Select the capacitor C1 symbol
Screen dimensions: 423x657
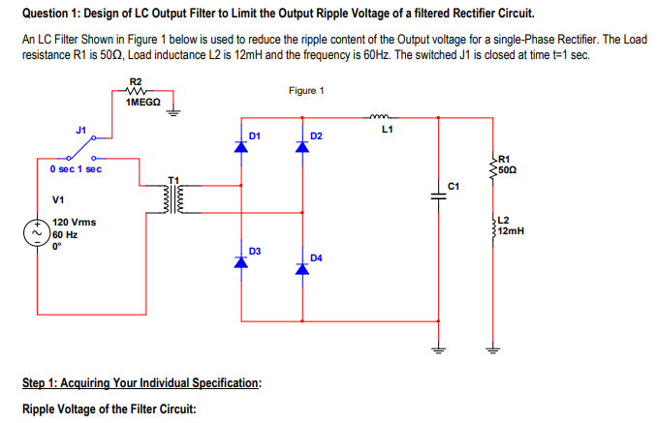click(x=438, y=195)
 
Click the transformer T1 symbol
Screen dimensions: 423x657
click(x=175, y=199)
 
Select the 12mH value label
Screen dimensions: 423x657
click(x=513, y=231)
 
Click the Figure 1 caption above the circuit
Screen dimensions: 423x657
click(x=306, y=90)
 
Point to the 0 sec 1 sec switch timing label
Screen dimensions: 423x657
click(x=76, y=169)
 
